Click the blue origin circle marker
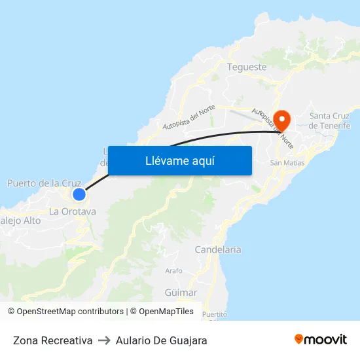coord(79,194)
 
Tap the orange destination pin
coord(282,120)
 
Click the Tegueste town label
coord(246,67)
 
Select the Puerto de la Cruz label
coord(45,183)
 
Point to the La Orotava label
coord(73,211)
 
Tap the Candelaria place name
coord(218,249)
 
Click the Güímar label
coord(181,293)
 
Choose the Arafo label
coord(174,270)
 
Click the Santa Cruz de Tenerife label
coord(329,120)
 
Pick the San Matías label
coord(287,163)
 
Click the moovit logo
coord(321,339)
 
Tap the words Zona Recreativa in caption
coord(52,340)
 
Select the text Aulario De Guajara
coord(161,340)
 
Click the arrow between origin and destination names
coord(104,340)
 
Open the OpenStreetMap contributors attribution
coord(70,312)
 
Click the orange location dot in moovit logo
coord(299,338)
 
